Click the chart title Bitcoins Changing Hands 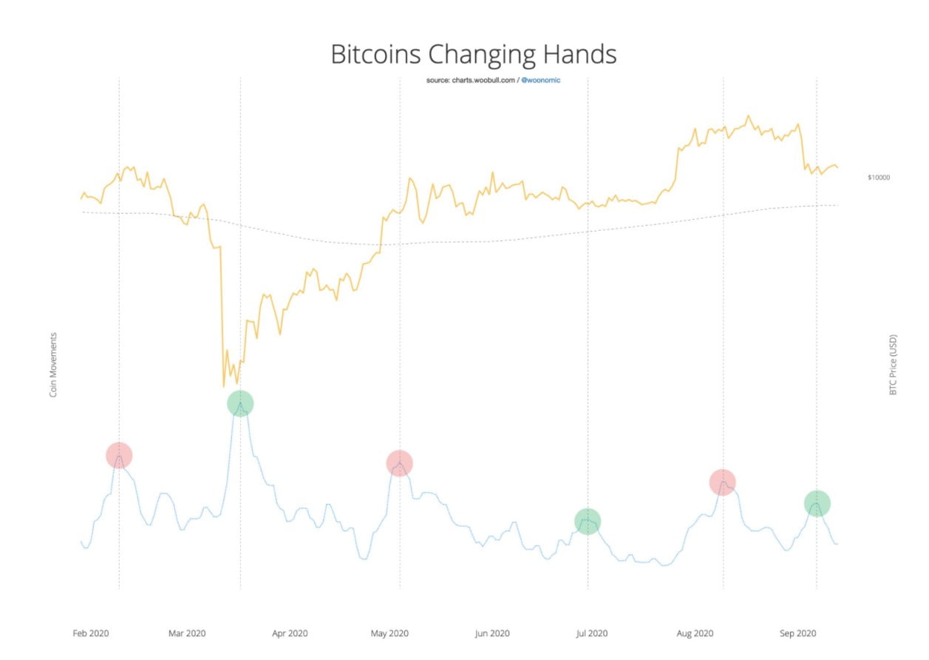(x=473, y=55)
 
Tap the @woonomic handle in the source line (x=541, y=80)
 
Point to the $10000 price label (x=879, y=178)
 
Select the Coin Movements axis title (x=53, y=365)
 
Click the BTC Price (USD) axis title (x=893, y=366)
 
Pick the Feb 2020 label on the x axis (x=91, y=634)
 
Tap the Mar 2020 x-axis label (x=187, y=634)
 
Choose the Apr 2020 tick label (x=290, y=634)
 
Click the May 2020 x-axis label (x=389, y=634)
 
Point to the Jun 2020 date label (x=491, y=634)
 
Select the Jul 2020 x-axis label (x=591, y=634)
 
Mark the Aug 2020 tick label (x=695, y=634)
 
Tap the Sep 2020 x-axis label (x=797, y=634)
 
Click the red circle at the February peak (x=119, y=456)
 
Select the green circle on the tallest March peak (x=240, y=403)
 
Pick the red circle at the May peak (x=399, y=463)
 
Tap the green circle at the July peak (x=588, y=522)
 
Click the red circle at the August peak (x=722, y=482)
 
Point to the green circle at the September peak (x=817, y=504)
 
